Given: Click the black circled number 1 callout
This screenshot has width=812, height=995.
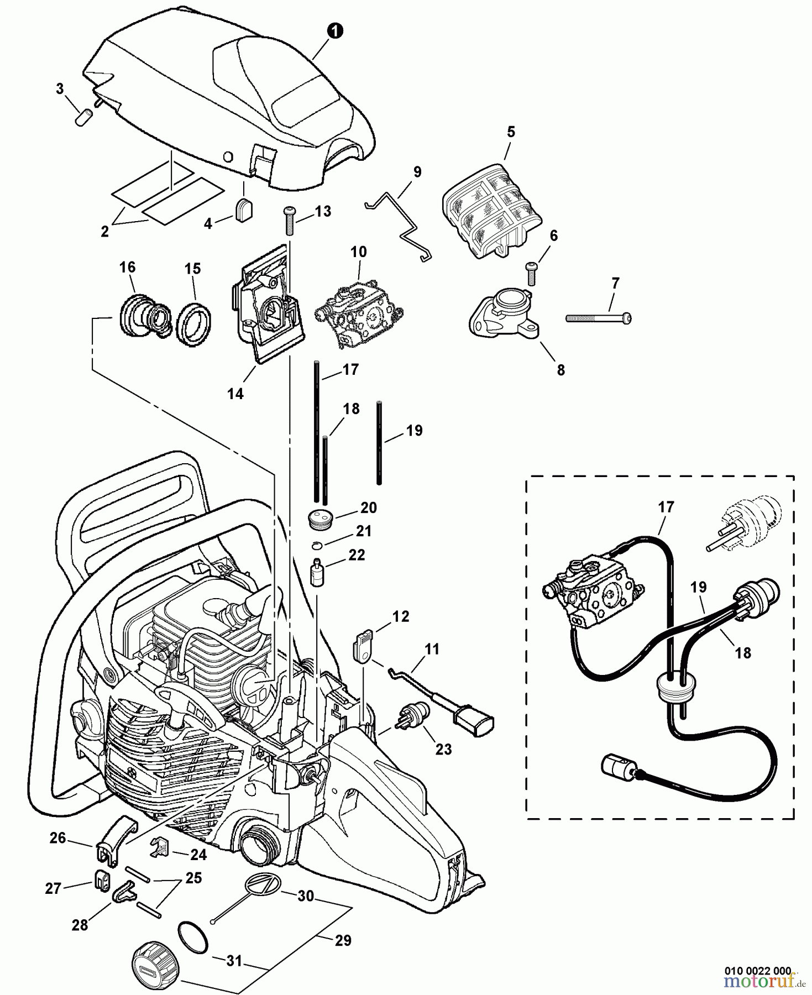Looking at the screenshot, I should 334,32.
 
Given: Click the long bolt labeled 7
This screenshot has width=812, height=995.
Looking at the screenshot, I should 598,318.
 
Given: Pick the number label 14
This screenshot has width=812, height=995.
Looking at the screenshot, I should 235,394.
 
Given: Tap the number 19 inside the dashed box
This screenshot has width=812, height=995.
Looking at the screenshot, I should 699,587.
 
